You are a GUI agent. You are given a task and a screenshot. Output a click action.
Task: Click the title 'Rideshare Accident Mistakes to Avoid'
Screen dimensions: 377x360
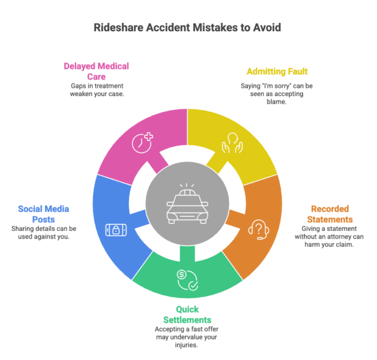(x=187, y=28)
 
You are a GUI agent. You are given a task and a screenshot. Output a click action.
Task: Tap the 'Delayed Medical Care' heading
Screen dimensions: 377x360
(x=97, y=71)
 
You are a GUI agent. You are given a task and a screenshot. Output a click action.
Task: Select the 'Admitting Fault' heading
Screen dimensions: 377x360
(x=277, y=71)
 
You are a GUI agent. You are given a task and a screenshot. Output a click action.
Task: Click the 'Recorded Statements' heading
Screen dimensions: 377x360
(x=330, y=214)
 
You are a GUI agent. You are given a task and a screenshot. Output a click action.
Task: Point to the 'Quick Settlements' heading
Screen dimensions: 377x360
(x=187, y=315)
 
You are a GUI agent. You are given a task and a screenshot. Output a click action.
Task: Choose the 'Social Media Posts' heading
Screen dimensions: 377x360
(x=44, y=214)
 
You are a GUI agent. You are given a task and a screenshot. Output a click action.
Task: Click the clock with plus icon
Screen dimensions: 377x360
(x=143, y=143)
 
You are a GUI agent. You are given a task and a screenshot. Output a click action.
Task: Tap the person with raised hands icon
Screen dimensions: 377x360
(x=232, y=143)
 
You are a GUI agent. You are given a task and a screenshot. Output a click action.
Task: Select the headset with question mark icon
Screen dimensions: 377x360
(x=259, y=230)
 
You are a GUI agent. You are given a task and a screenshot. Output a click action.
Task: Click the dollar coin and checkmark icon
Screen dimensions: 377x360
(x=187, y=280)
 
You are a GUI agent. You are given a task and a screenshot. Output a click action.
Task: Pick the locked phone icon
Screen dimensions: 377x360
(x=116, y=230)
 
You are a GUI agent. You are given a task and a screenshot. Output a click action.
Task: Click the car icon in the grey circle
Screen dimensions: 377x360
(x=187, y=204)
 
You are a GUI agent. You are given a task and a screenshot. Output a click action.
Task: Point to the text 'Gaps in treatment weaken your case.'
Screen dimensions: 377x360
(x=97, y=90)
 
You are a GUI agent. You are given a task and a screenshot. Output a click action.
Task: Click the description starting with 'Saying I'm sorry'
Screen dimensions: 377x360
(x=277, y=94)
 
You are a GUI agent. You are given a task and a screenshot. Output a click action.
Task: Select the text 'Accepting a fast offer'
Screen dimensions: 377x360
(x=187, y=329)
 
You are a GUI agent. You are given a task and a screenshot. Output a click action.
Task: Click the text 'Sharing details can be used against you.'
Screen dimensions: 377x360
(x=44, y=233)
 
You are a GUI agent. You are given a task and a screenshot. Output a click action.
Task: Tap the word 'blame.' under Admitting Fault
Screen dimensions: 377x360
(x=276, y=102)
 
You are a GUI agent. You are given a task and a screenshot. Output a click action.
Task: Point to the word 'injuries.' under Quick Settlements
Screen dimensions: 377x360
(x=186, y=345)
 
